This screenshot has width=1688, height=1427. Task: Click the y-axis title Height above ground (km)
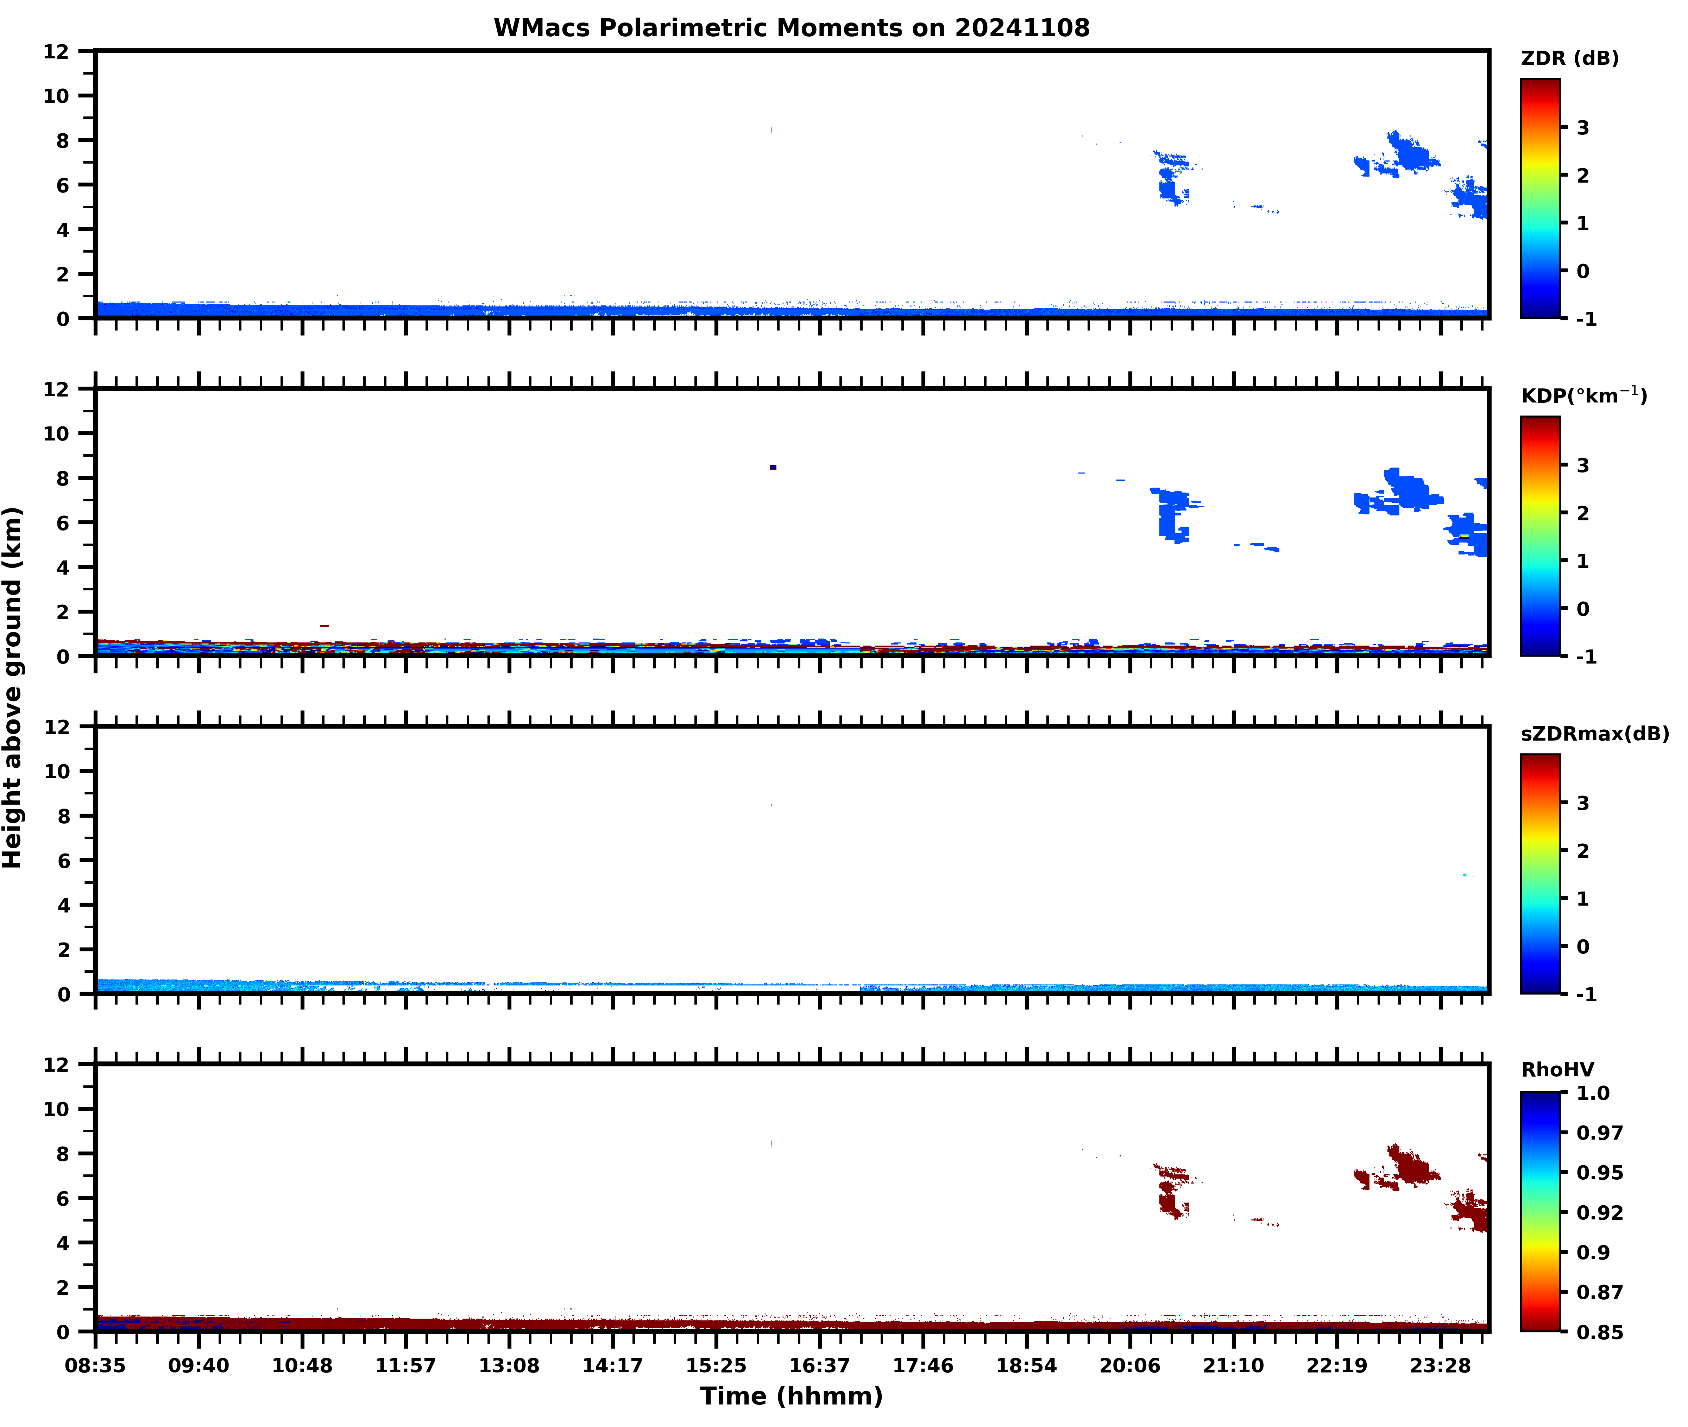click(x=13, y=687)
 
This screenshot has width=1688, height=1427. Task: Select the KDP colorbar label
click(x=1583, y=395)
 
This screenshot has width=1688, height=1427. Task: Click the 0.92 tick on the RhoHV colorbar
click(x=1599, y=1213)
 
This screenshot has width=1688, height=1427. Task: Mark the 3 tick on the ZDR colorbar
click(x=1583, y=128)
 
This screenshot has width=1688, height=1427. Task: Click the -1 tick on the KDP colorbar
click(x=1586, y=657)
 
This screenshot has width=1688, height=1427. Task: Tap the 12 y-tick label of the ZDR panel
click(x=57, y=52)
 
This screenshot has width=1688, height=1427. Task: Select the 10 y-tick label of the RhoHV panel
click(x=57, y=1109)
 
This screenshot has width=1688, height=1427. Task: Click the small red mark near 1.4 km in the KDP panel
click(x=325, y=625)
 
